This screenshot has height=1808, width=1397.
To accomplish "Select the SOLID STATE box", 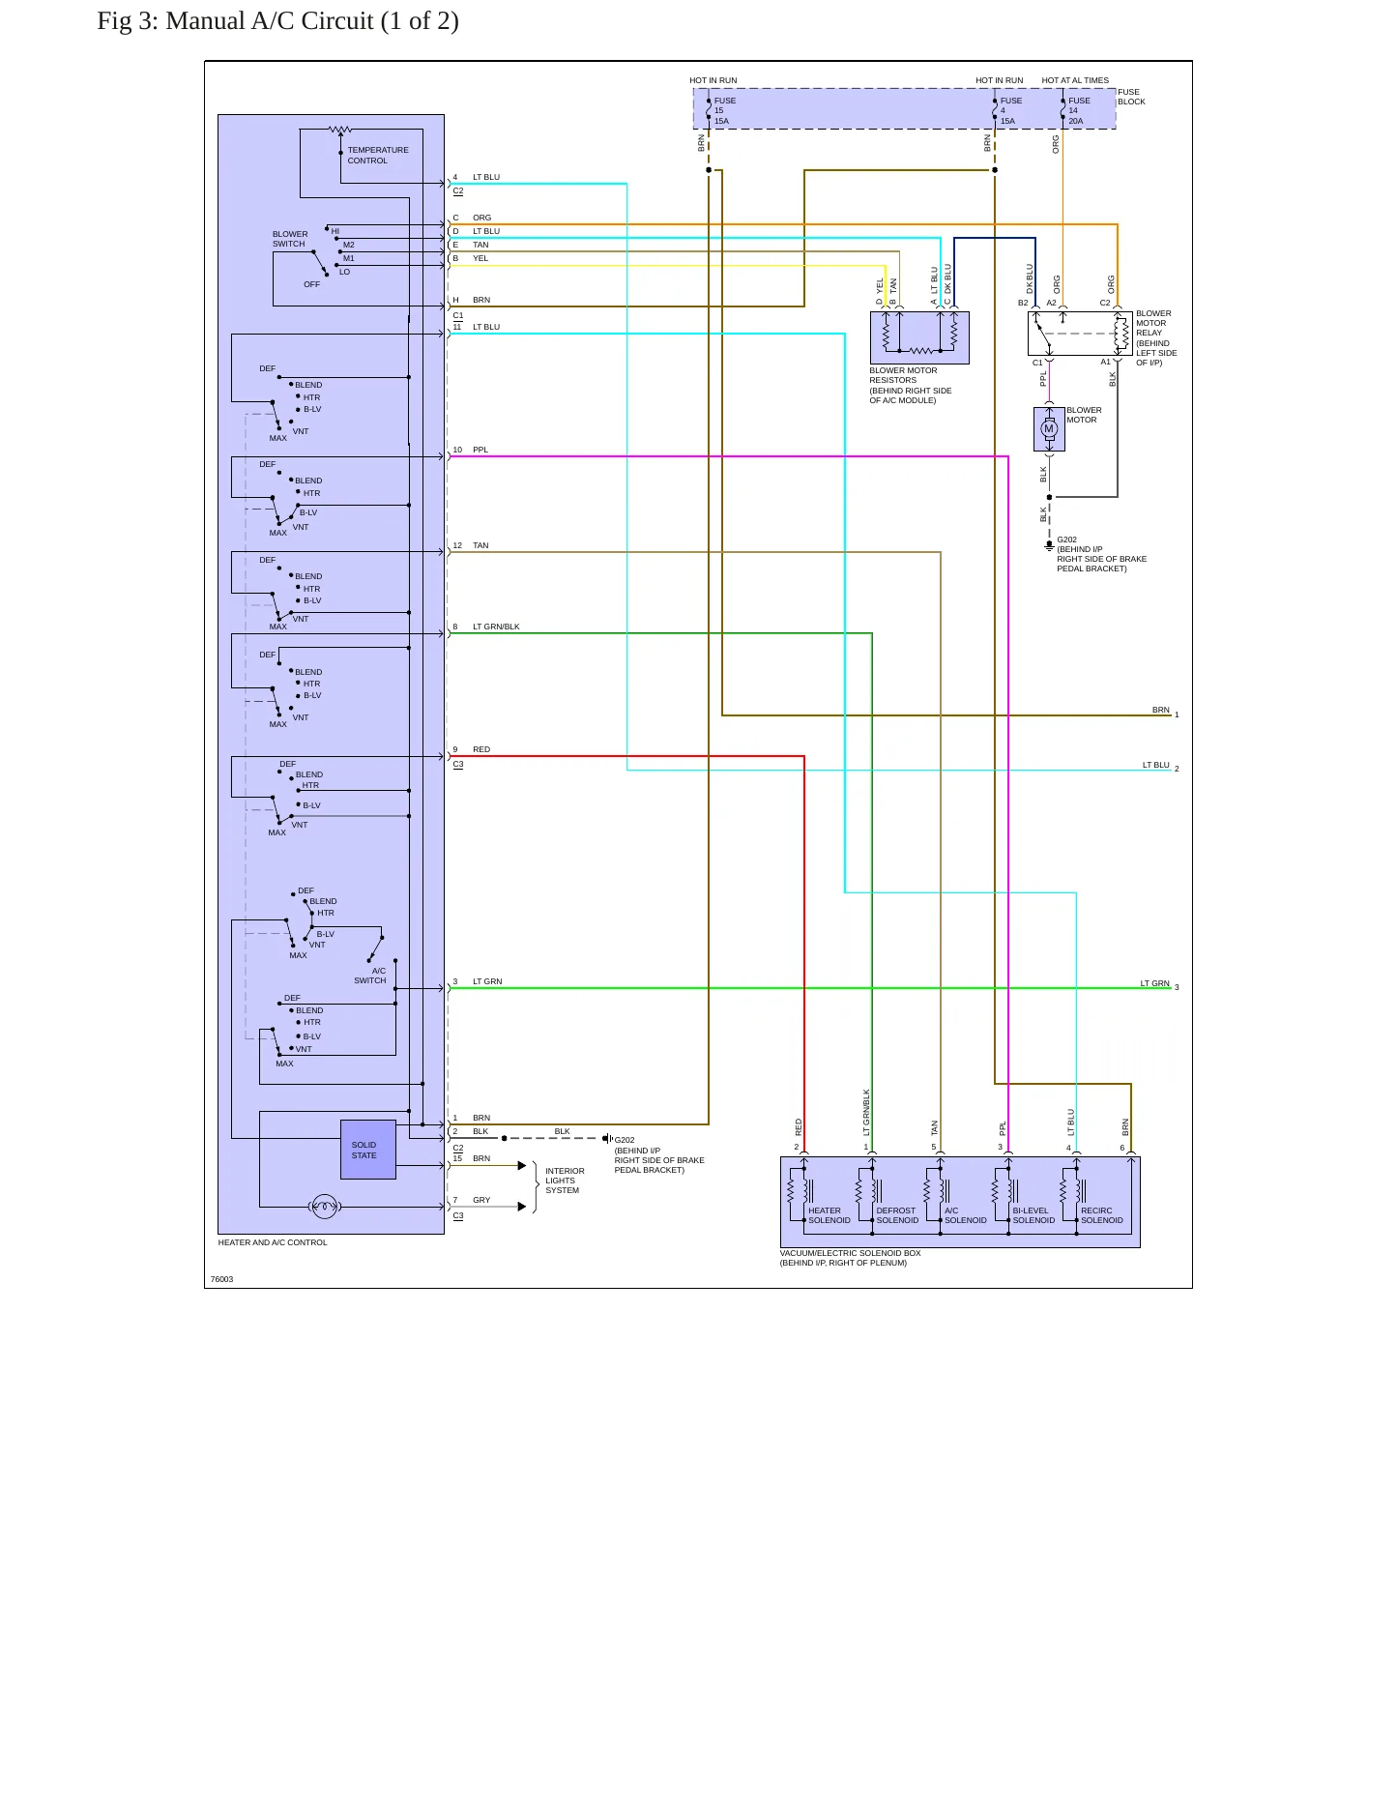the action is tap(368, 1150).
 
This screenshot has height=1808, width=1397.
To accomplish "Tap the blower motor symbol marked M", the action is tap(1049, 429).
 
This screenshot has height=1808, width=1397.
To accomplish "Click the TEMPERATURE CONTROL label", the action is tap(378, 156).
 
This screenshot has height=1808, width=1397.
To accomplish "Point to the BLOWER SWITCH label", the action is tap(290, 239).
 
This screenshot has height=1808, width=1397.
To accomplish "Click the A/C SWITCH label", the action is tap(370, 976).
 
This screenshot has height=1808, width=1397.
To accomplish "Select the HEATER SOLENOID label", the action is tap(829, 1215).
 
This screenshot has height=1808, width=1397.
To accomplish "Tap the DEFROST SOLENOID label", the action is tap(897, 1215).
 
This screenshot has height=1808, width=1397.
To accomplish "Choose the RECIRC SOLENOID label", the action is tap(1102, 1215).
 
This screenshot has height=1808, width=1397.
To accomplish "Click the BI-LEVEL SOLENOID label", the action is tap(1033, 1215).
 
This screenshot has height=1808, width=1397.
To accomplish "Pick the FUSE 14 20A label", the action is tap(1079, 111).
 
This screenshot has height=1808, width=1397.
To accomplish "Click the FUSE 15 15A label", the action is tap(725, 111).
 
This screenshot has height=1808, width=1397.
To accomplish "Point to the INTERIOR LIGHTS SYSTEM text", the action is tap(565, 1181).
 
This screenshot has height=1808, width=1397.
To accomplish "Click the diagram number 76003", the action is tap(221, 1279).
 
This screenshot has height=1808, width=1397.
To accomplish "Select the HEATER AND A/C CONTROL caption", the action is tap(273, 1242).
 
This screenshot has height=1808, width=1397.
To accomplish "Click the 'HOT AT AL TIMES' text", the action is tap(1075, 80).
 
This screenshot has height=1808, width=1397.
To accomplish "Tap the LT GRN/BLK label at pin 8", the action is tap(496, 627).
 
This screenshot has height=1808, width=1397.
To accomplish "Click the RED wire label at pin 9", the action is tap(481, 749).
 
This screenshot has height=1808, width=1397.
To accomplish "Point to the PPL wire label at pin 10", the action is tap(480, 450).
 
